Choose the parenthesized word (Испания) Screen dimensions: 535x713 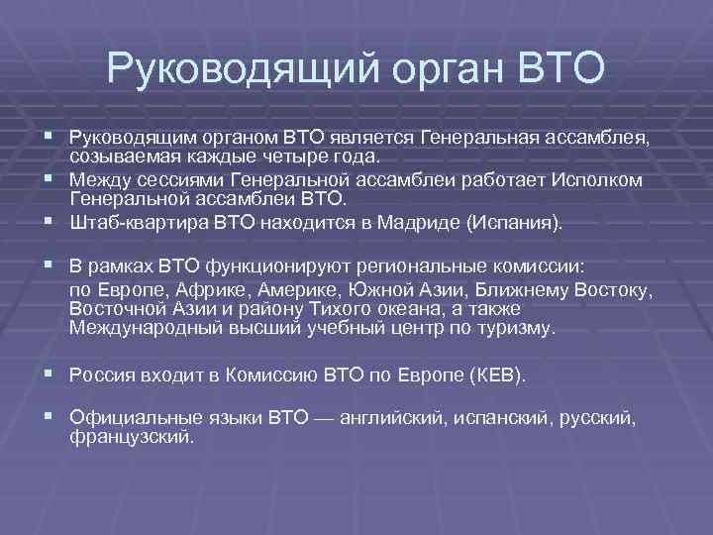coord(514,224)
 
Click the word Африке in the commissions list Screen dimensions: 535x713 coord(211,291)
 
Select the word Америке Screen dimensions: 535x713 coord(288,291)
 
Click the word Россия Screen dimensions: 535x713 coord(102,377)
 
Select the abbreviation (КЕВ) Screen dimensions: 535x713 coord(499,377)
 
